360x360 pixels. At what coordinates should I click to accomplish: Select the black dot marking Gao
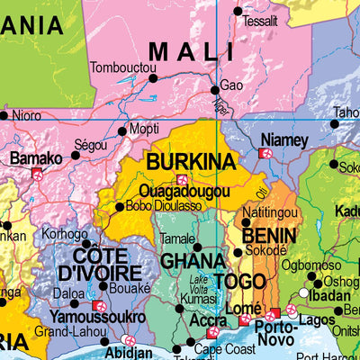click(x=215, y=89)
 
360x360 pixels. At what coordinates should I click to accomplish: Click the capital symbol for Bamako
click(x=37, y=173)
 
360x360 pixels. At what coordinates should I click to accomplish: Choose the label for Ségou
click(x=91, y=144)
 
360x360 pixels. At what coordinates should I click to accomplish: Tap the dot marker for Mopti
click(x=122, y=131)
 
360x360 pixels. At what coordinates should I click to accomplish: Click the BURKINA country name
click(x=191, y=162)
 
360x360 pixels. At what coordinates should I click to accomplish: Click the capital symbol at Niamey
click(x=265, y=154)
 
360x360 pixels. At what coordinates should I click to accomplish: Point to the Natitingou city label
click(x=273, y=212)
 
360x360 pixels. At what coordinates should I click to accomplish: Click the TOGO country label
click(x=239, y=283)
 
